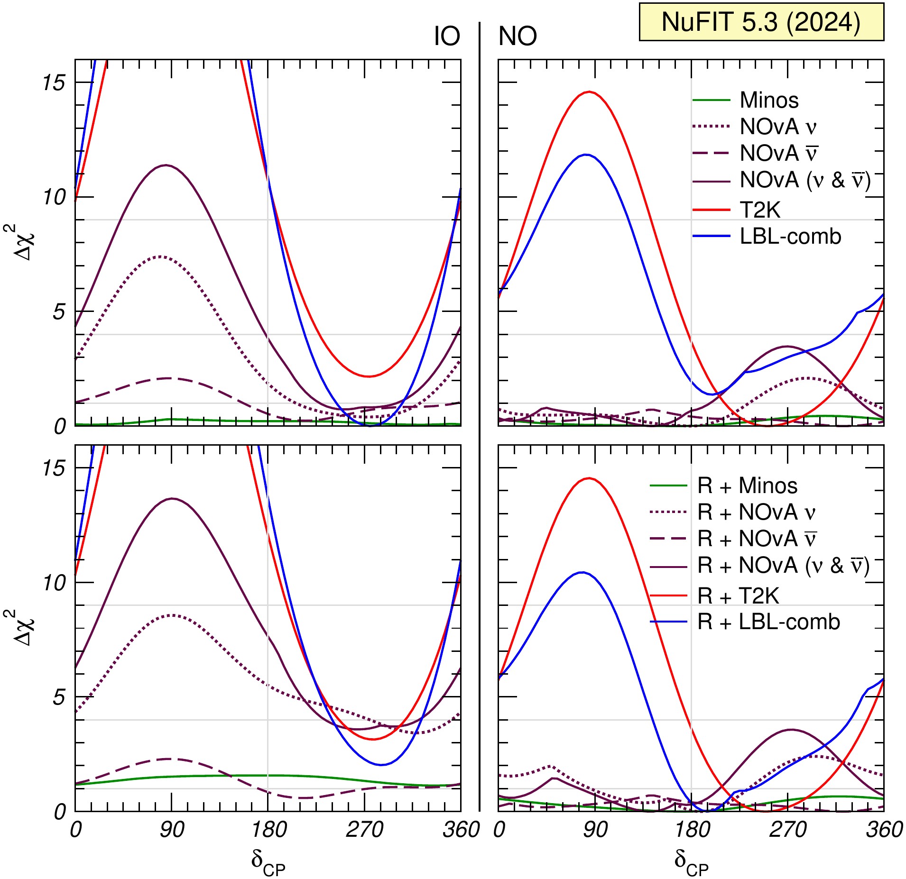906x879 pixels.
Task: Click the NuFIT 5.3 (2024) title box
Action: point(761,22)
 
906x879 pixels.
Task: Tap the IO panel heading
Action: point(446,37)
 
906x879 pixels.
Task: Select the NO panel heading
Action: point(518,37)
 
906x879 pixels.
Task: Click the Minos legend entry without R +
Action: point(769,101)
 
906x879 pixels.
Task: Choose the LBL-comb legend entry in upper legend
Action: point(790,236)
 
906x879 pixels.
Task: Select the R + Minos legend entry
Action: point(747,486)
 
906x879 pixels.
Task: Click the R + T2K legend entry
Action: point(738,595)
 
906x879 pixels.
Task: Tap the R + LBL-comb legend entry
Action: point(768,622)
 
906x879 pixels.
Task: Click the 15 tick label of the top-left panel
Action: point(53,83)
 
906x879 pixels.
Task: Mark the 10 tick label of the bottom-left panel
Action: point(53,583)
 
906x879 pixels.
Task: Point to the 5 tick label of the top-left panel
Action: point(59,312)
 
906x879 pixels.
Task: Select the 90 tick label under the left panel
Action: point(172,830)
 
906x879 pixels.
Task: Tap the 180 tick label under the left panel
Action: point(268,830)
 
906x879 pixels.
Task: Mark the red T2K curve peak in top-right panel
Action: point(589,92)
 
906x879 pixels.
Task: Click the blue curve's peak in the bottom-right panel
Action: point(582,572)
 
